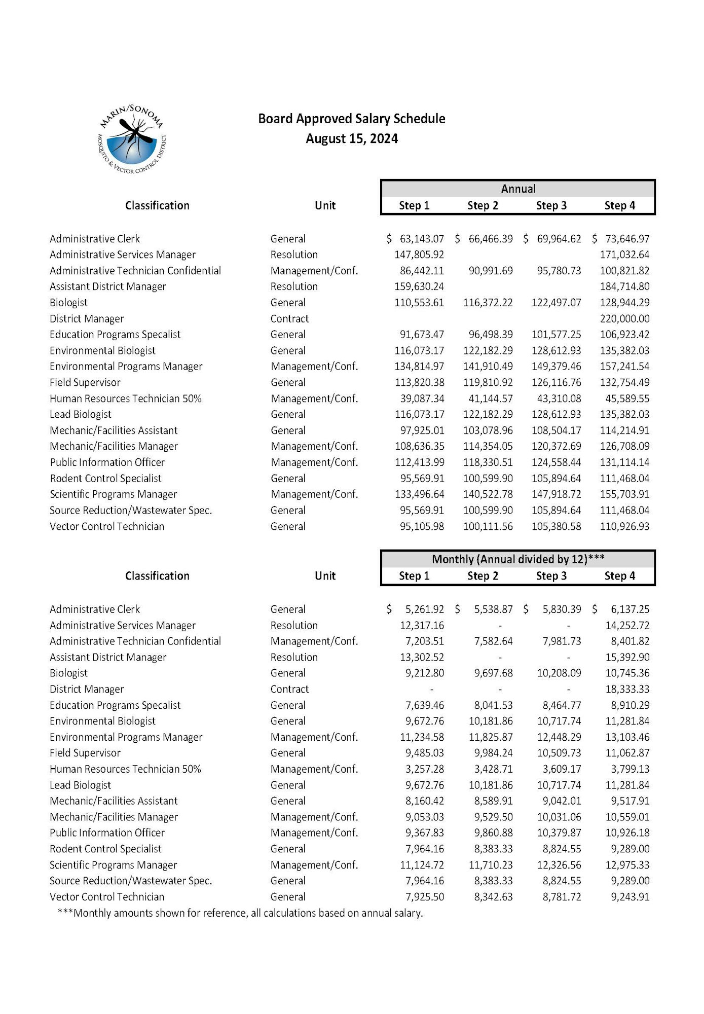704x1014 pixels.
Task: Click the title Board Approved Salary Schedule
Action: point(351,119)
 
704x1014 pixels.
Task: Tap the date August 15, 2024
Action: point(351,139)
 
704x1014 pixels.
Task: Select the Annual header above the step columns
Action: point(517,189)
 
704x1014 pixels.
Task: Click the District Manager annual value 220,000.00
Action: point(624,318)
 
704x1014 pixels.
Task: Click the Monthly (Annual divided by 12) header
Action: point(517,559)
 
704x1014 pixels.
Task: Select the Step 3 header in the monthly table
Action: point(551,576)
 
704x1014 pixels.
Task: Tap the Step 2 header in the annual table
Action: point(483,205)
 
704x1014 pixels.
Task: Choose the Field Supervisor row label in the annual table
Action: point(85,383)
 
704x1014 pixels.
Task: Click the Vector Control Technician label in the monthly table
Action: point(107,897)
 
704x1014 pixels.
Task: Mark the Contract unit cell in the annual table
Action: point(289,319)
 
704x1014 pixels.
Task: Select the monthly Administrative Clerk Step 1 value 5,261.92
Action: point(424,609)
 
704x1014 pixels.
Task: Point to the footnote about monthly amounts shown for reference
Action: point(240,913)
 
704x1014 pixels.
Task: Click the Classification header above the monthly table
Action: point(157,576)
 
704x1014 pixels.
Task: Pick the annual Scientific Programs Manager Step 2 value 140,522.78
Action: point(488,494)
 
